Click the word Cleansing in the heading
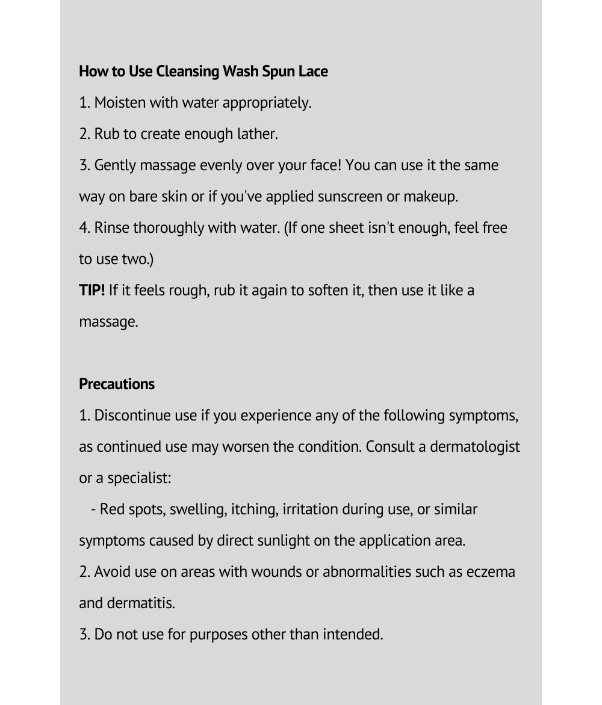click(187, 72)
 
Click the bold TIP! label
click(92, 291)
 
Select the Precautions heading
click(117, 384)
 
